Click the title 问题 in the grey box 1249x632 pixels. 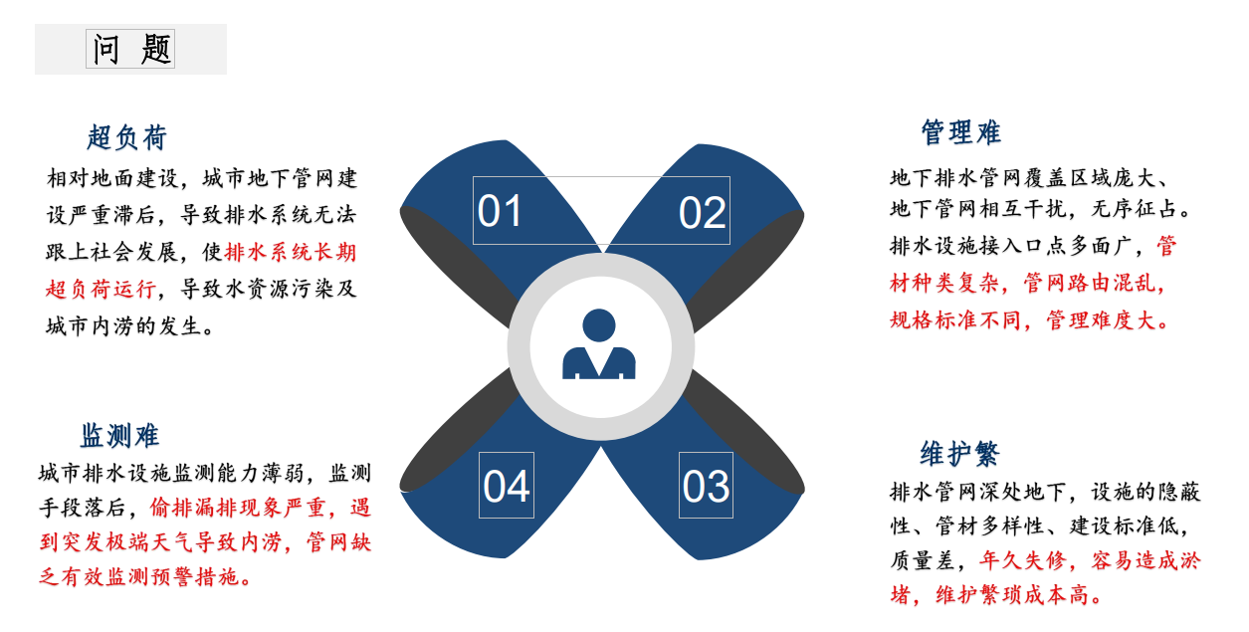(131, 49)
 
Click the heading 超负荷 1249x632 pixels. (126, 137)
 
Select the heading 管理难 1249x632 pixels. (960, 132)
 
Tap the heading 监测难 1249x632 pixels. (119, 436)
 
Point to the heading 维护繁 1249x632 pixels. (959, 453)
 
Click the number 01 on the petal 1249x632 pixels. (500, 211)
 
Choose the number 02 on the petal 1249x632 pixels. (702, 213)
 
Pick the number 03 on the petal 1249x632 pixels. (706, 486)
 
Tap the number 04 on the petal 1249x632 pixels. (507, 486)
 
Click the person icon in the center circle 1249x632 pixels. (599, 344)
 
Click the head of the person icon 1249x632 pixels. (599, 325)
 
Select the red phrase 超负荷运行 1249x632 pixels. (101, 289)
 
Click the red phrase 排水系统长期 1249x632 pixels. (290, 252)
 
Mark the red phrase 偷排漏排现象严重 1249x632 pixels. (238, 508)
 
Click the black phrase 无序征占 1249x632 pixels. (1135, 209)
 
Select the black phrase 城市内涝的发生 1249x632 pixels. (123, 326)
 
